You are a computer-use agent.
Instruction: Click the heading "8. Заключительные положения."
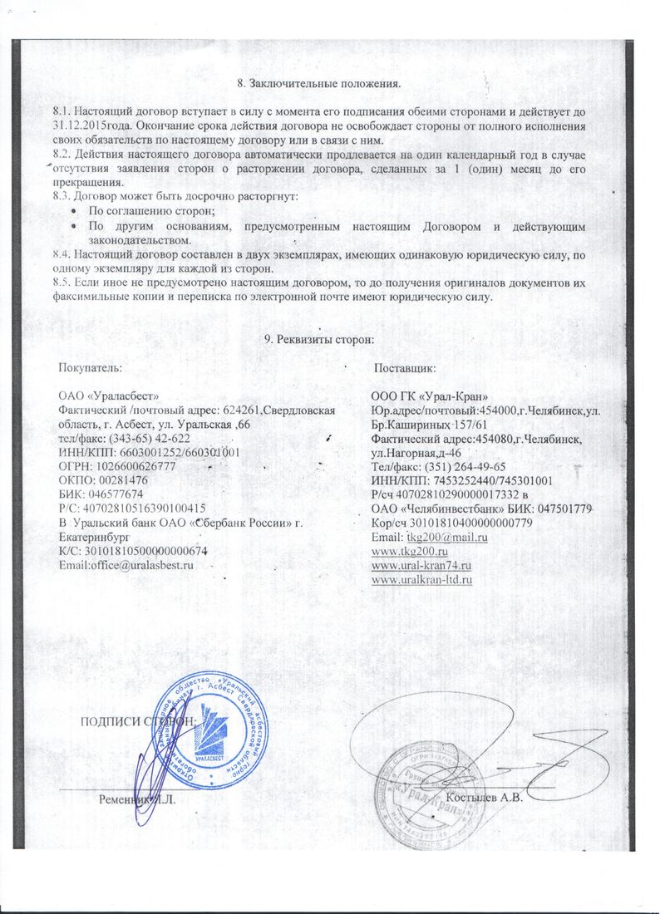(x=319, y=84)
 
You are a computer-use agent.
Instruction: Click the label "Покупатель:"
(x=90, y=366)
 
